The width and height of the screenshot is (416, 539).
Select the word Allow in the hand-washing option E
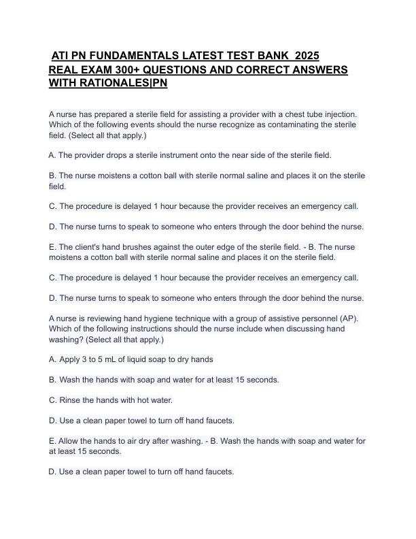point(70,441)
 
